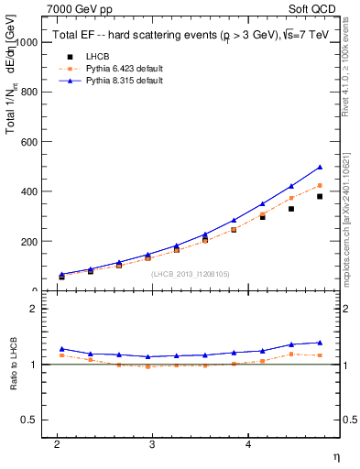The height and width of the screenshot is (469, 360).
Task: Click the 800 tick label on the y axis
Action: pos(28,93)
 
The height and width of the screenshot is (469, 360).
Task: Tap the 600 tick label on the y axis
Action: pos(28,142)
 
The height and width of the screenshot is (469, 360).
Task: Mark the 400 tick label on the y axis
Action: pos(28,191)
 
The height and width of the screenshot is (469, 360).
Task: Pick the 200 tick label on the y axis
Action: pos(28,242)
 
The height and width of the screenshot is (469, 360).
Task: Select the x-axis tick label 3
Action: pos(152,444)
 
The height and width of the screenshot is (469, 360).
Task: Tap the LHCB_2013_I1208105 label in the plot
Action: pos(190,274)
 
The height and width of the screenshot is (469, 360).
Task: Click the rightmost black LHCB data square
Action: pos(320,196)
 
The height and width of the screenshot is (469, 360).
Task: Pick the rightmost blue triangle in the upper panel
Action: pos(320,167)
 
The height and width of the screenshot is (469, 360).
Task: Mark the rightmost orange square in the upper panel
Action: pos(320,185)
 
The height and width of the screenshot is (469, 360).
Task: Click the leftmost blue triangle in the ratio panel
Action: pos(61,349)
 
